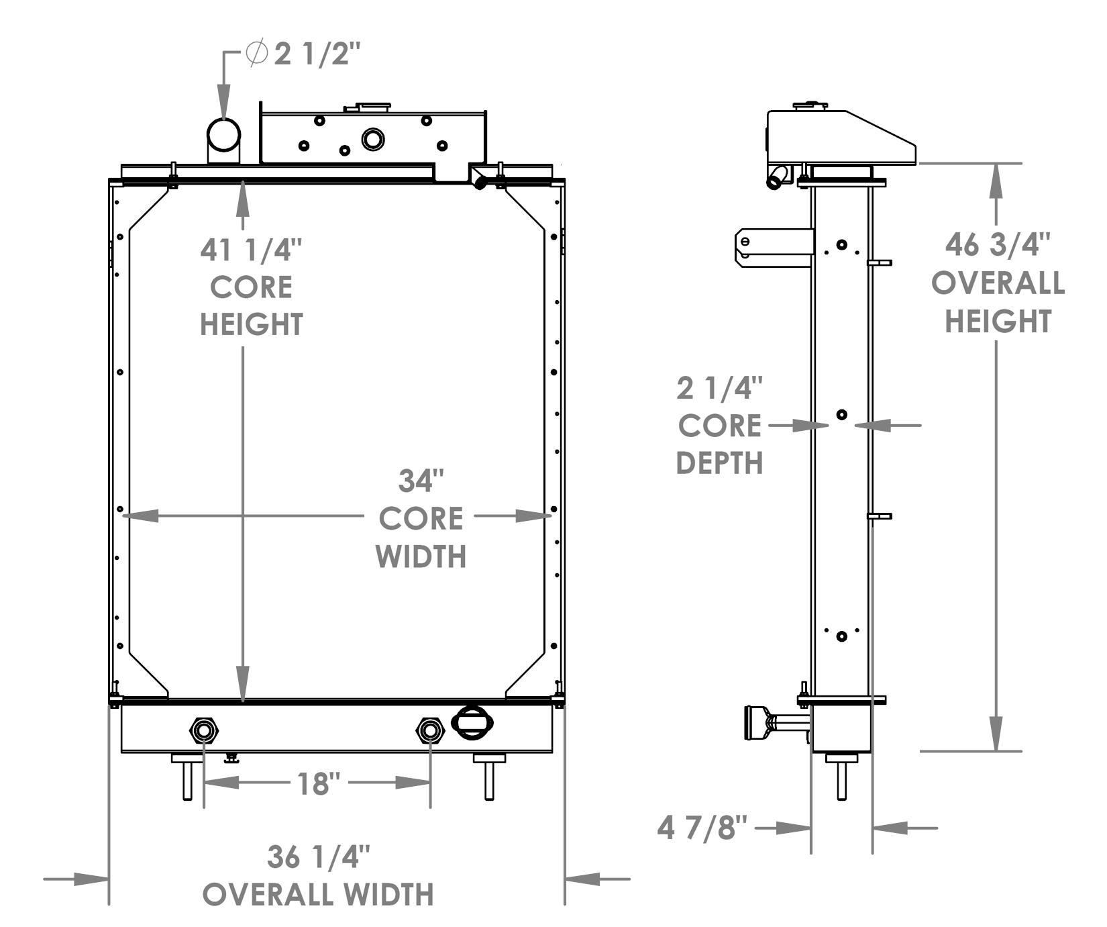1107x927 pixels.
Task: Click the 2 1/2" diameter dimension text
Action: pos(317,54)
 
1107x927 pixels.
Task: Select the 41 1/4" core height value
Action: pos(251,251)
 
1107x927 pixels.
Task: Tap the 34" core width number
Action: pos(421,481)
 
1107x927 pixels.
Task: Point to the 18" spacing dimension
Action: pos(318,783)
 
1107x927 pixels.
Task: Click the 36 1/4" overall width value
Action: pos(318,857)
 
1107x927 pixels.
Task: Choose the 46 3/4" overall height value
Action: pos(997,244)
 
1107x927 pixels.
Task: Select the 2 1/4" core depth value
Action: pos(719,389)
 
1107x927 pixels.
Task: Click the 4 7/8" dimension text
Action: pos(702,828)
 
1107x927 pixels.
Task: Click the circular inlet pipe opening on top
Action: pos(223,135)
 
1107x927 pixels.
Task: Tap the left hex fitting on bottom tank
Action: pos(204,730)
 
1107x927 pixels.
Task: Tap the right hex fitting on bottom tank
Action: pos(430,730)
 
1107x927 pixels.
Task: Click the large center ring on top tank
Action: pos(373,140)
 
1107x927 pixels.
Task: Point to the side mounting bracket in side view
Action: pos(773,248)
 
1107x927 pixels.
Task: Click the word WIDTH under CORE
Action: pos(421,557)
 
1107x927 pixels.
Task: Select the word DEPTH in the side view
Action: pos(719,463)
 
